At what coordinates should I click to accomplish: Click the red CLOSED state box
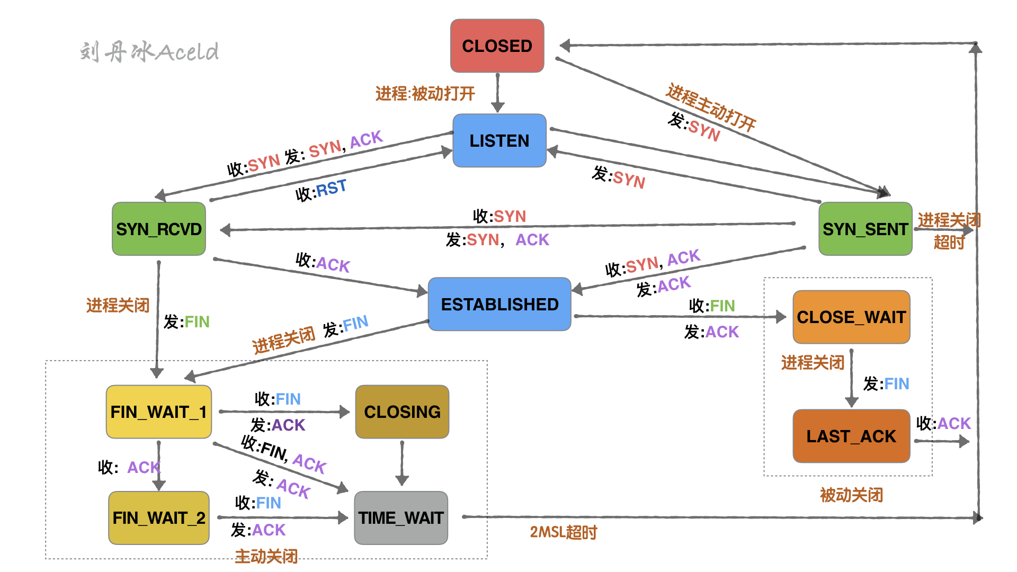point(497,46)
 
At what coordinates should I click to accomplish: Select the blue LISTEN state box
point(499,141)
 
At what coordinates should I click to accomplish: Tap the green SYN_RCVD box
point(159,229)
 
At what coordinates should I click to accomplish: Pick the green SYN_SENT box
point(865,229)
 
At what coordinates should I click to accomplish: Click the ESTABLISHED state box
point(499,305)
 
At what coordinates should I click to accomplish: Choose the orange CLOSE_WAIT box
point(851,317)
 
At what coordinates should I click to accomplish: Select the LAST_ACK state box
point(851,436)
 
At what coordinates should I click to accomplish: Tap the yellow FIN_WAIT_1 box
point(159,412)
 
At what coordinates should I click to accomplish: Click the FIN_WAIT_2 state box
point(159,518)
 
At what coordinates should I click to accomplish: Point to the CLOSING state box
point(402,412)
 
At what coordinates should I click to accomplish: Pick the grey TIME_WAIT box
point(401,518)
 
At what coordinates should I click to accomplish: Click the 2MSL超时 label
point(563,532)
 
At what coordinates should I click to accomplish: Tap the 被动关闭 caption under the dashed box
point(851,495)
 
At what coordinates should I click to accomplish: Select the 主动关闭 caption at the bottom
point(266,556)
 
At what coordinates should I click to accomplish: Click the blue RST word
point(331,187)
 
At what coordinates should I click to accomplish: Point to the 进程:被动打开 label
point(425,94)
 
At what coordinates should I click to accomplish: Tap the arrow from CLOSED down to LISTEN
point(497,93)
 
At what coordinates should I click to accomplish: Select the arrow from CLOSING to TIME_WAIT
point(402,463)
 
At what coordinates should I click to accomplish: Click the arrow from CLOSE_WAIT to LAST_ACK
point(851,377)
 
